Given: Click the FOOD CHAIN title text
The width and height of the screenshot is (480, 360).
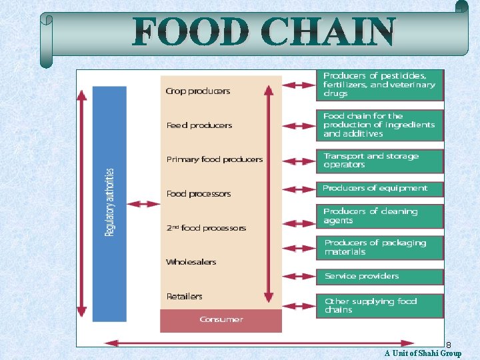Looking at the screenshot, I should (x=264, y=32).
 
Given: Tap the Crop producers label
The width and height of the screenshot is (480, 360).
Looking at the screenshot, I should (x=198, y=91).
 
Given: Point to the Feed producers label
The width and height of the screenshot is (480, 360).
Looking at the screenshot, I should (x=199, y=125).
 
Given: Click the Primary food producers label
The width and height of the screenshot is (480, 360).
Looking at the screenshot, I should (x=215, y=159).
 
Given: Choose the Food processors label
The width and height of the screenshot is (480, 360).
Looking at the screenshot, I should (x=199, y=194).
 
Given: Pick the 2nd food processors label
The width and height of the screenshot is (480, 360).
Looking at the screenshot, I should (x=206, y=228).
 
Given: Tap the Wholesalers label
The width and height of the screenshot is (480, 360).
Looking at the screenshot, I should (x=191, y=262).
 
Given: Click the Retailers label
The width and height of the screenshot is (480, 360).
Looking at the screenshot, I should (x=184, y=296).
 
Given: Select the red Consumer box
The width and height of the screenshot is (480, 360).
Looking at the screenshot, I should (x=221, y=320).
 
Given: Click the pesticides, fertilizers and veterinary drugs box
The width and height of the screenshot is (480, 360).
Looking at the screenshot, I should (x=379, y=85).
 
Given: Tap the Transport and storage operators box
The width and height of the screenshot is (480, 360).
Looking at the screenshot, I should (x=379, y=161).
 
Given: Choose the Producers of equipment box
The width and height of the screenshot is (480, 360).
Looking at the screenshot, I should (x=379, y=189).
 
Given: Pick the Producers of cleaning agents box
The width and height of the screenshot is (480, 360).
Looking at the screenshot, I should (x=379, y=216).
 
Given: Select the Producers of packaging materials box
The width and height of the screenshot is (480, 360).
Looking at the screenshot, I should (x=379, y=247).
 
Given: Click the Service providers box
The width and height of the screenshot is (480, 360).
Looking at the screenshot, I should (x=379, y=276).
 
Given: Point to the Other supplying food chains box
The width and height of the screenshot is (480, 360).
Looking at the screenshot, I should (x=379, y=305).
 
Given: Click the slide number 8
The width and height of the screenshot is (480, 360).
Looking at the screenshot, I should (x=449, y=345).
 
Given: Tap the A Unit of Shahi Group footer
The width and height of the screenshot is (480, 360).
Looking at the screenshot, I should (x=423, y=353).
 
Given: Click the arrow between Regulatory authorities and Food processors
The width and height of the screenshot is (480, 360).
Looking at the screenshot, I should (x=143, y=203).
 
